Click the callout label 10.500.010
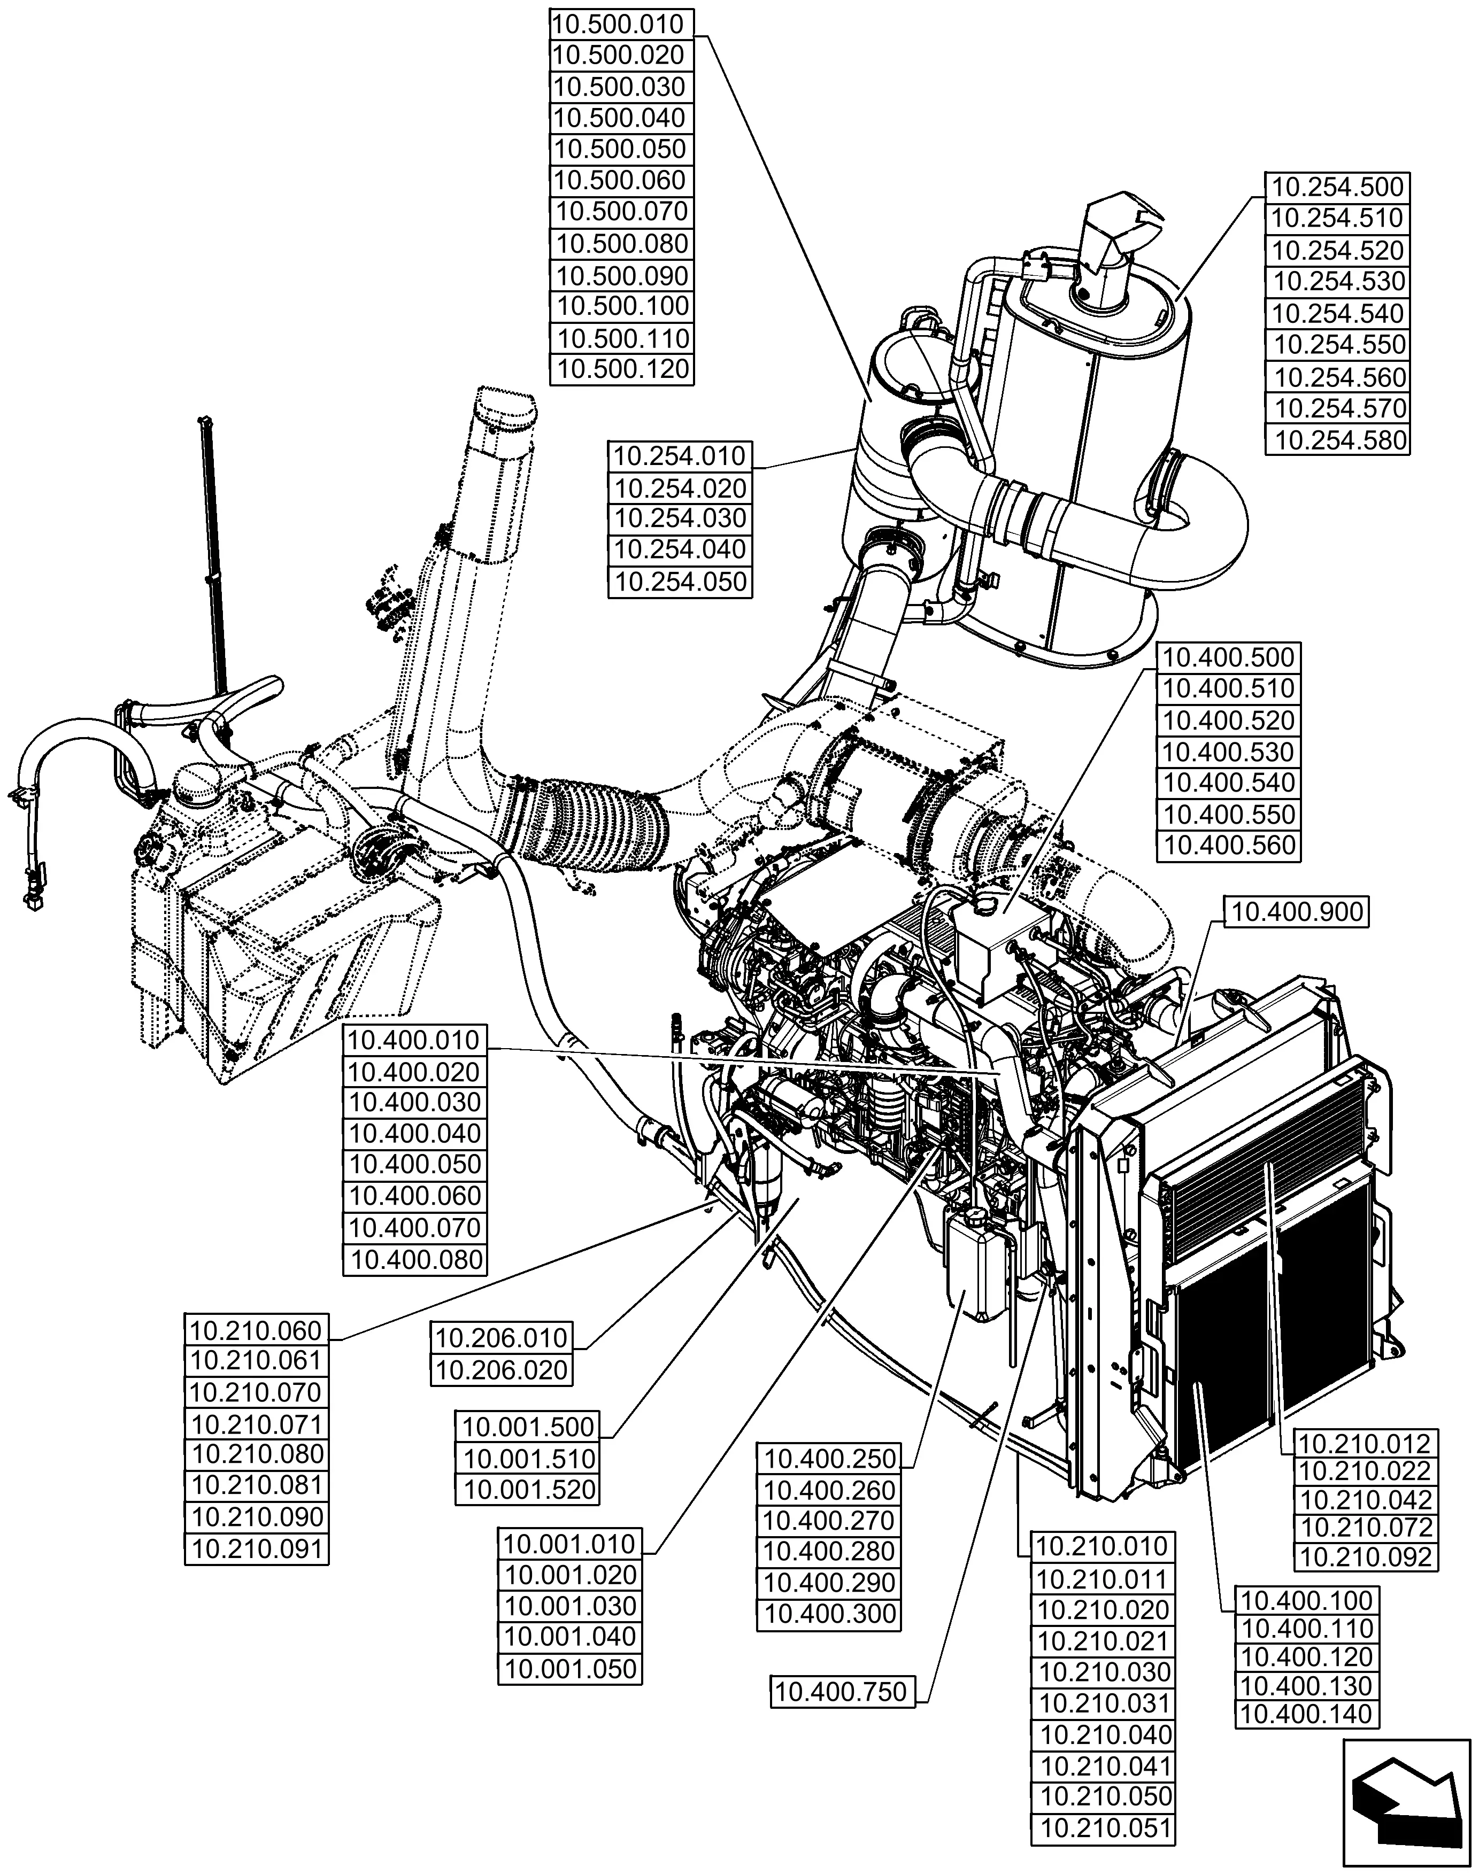click(622, 24)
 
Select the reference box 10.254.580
click(1338, 440)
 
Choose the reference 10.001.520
click(528, 1490)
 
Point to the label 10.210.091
click(257, 1548)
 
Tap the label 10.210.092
click(1366, 1558)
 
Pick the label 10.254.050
click(680, 582)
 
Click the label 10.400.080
click(415, 1259)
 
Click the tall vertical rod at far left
click(212, 554)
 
